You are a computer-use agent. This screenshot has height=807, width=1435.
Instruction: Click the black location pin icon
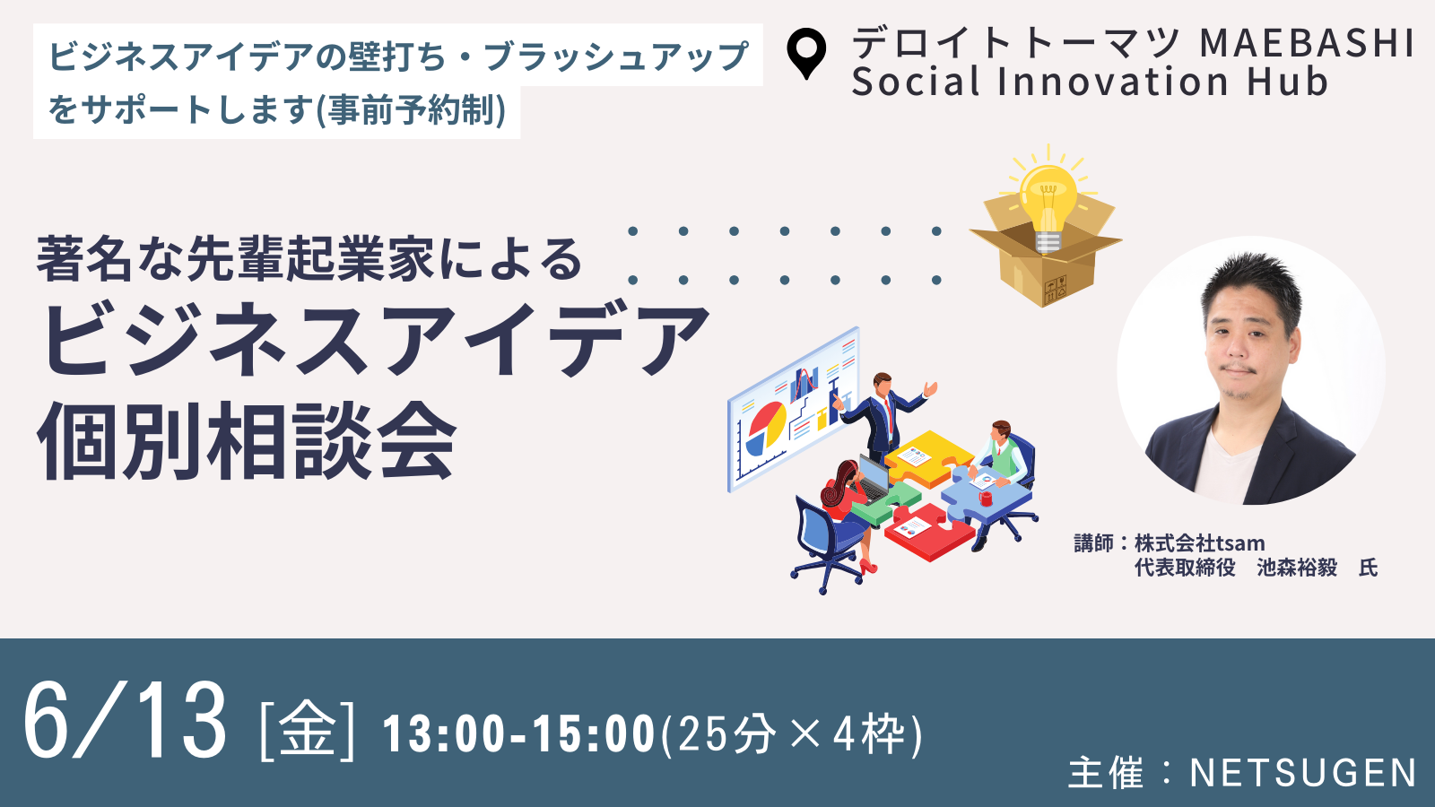(806, 53)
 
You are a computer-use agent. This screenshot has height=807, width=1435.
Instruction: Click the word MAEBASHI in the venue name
(1306, 42)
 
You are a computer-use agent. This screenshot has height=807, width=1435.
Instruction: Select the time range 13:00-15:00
(519, 734)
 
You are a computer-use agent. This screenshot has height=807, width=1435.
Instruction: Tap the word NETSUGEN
(1301, 772)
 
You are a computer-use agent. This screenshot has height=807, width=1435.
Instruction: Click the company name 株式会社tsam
(1199, 543)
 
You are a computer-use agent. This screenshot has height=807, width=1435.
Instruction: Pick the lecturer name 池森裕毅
(1297, 568)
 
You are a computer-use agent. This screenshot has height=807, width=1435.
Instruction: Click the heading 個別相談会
(248, 442)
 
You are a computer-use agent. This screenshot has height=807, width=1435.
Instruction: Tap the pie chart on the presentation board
(767, 426)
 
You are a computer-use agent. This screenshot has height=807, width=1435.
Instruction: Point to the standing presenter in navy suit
(885, 416)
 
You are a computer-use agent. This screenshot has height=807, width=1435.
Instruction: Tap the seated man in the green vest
(1003, 455)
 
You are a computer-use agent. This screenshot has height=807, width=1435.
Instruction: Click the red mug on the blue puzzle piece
(986, 498)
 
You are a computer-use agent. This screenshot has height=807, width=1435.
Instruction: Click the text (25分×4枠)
(791, 734)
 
